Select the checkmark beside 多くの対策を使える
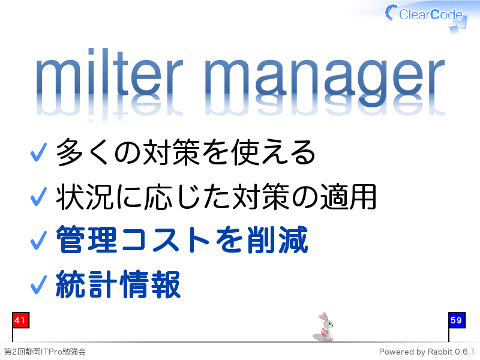coord(38,152)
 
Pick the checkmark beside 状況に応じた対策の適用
coord(38,197)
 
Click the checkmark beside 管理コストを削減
coord(38,241)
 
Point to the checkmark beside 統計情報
coord(38,284)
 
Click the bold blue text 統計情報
coord(118,284)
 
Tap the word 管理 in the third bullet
coord(86,239)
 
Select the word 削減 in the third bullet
coord(277,239)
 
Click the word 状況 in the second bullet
coord(85,197)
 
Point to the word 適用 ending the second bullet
coord(348,197)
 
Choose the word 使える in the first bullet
coord(273,152)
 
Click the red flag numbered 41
coord(20,320)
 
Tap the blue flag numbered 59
coord(457,320)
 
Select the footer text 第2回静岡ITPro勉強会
coord(44,352)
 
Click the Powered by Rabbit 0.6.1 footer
coord(427,352)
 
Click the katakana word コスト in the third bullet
coord(166,239)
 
